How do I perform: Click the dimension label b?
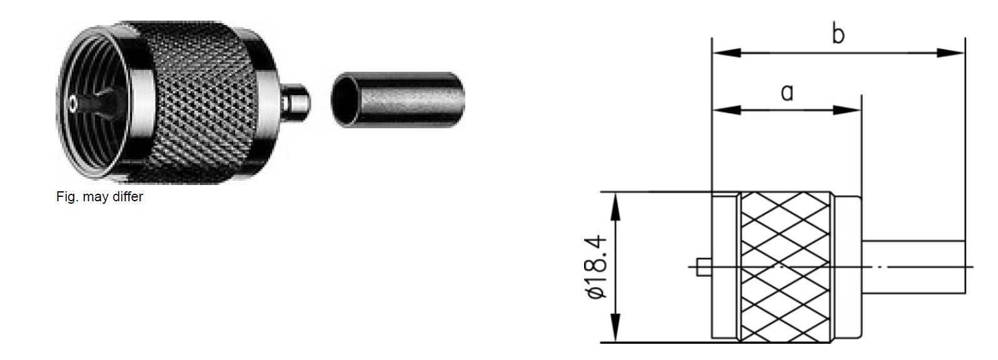(x=838, y=34)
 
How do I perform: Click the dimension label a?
(x=787, y=92)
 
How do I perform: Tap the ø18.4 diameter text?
(x=596, y=267)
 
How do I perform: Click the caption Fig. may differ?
(x=99, y=196)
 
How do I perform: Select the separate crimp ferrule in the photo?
(x=398, y=100)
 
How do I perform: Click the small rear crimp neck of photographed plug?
(x=295, y=103)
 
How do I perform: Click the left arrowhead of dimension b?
(x=726, y=52)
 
